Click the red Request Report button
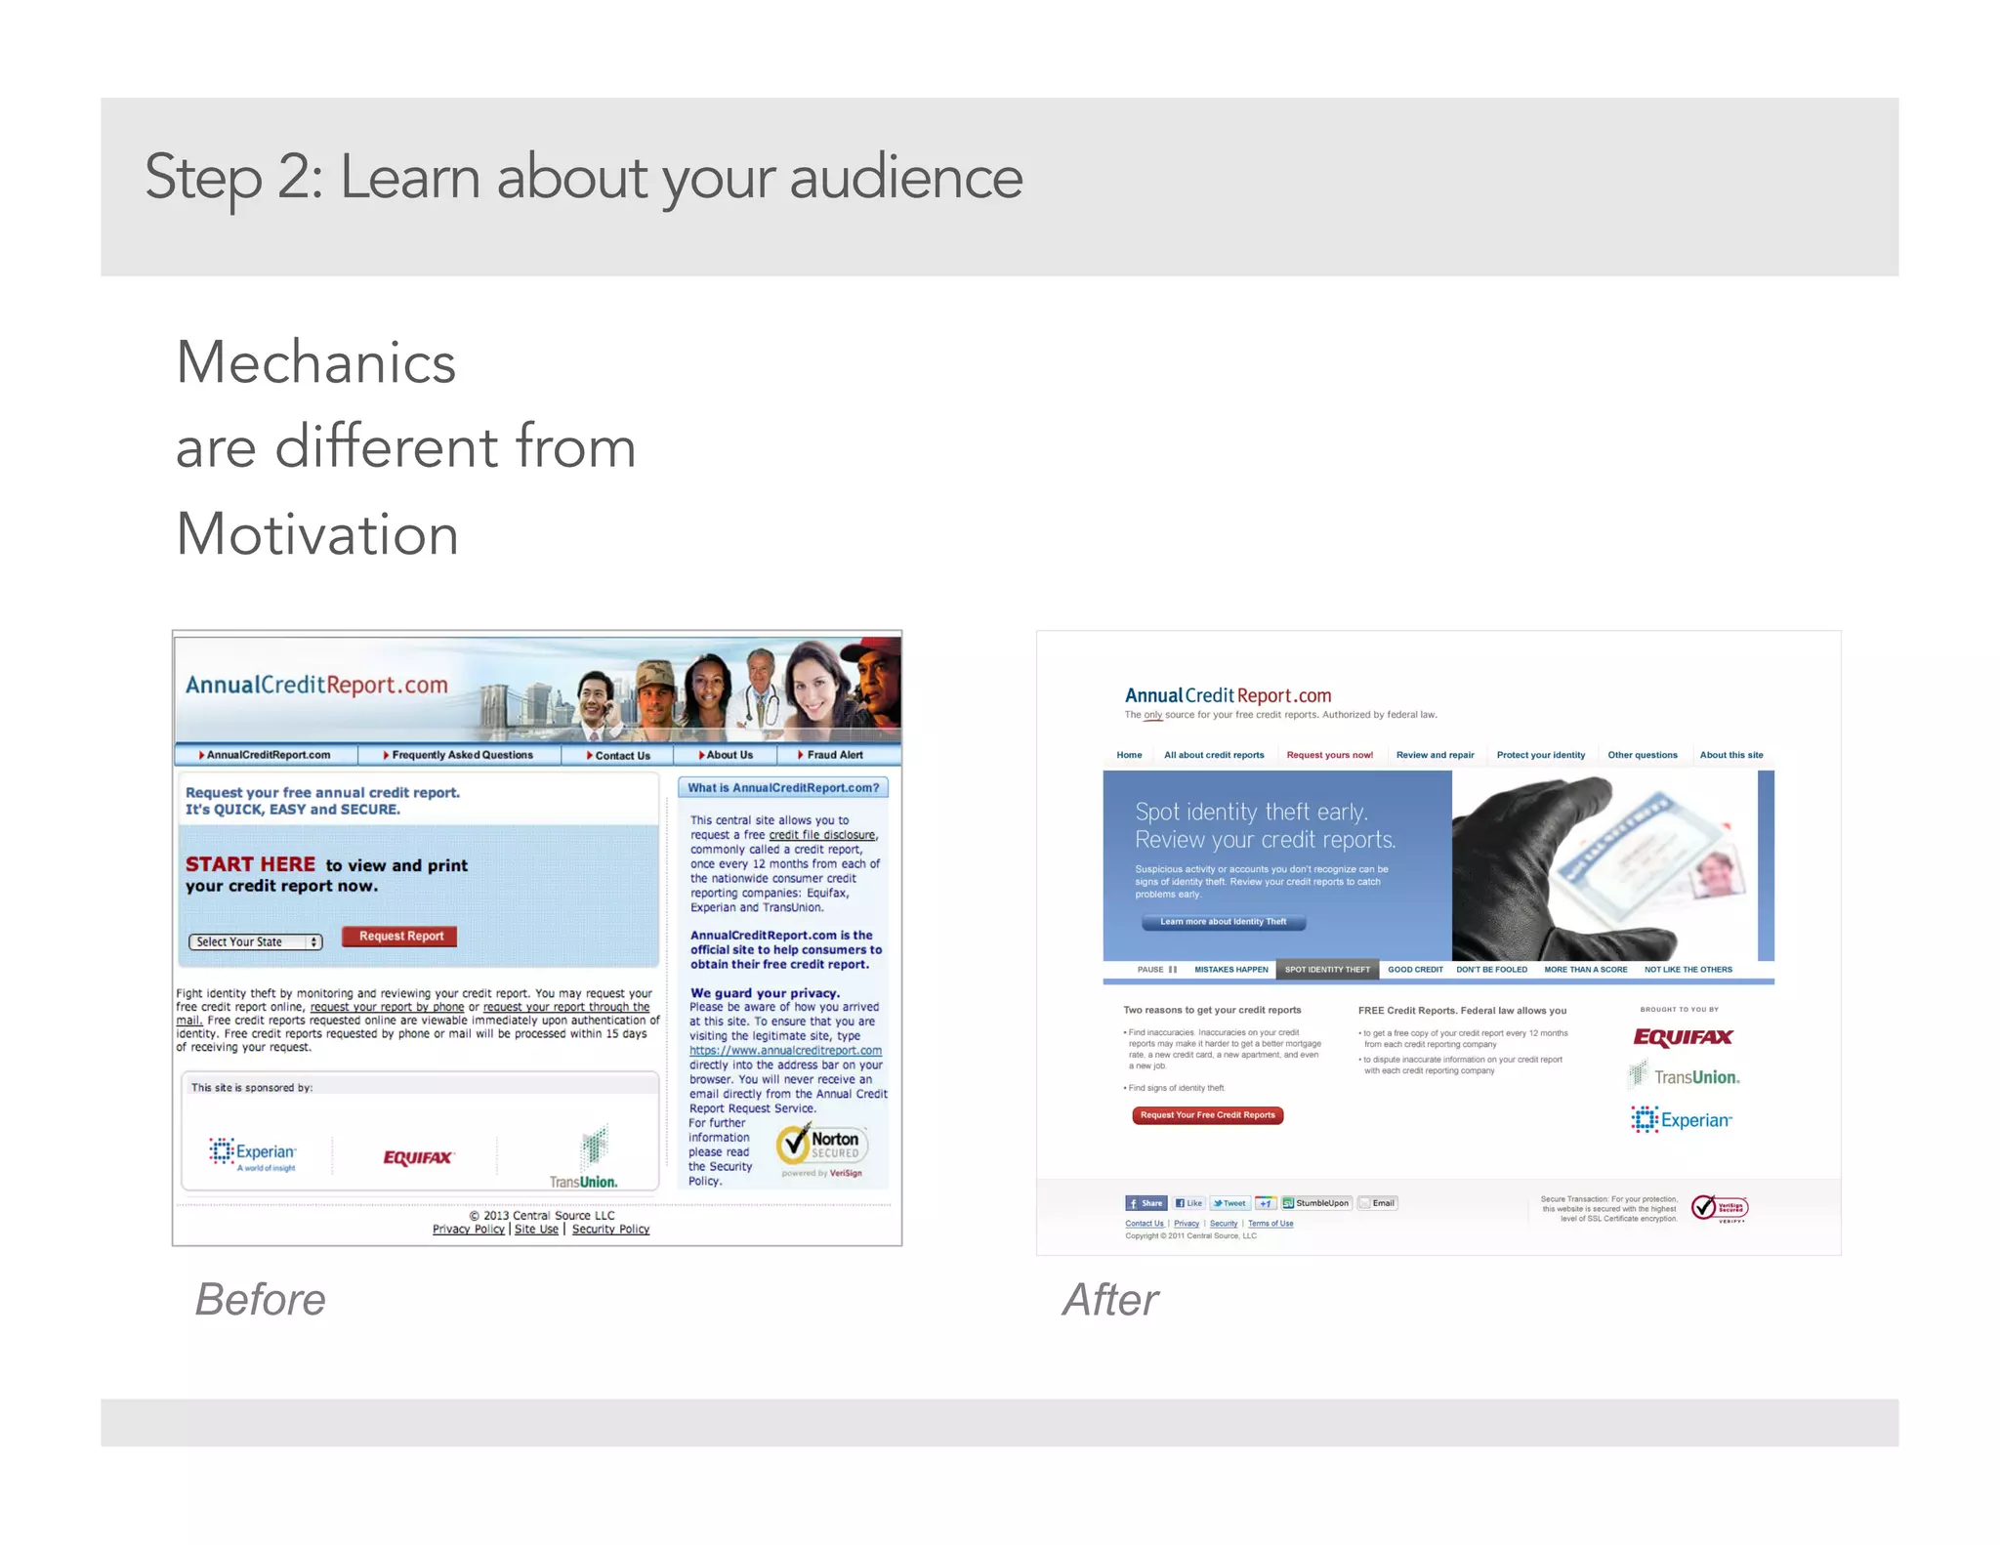pyautogui.click(x=400, y=937)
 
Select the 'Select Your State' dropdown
pyautogui.click(x=255, y=942)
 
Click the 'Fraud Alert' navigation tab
pyautogui.click(x=833, y=755)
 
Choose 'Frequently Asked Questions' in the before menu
pyautogui.click(x=461, y=755)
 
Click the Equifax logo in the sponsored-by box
pyautogui.click(x=418, y=1158)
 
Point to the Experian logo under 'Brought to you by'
pyautogui.click(x=1681, y=1120)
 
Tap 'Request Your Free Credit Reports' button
pyautogui.click(x=1207, y=1115)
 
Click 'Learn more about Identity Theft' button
pyautogui.click(x=1223, y=922)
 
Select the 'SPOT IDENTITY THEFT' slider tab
pyautogui.click(x=1327, y=970)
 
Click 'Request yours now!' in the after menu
pyautogui.click(x=1329, y=755)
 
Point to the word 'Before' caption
pyautogui.click(x=260, y=1300)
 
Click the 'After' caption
pyautogui.click(x=1110, y=1300)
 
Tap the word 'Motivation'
pyautogui.click(x=317, y=535)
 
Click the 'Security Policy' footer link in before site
pyautogui.click(x=610, y=1230)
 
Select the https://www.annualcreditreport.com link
pyautogui.click(x=785, y=1051)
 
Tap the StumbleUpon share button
pyautogui.click(x=1316, y=1203)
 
